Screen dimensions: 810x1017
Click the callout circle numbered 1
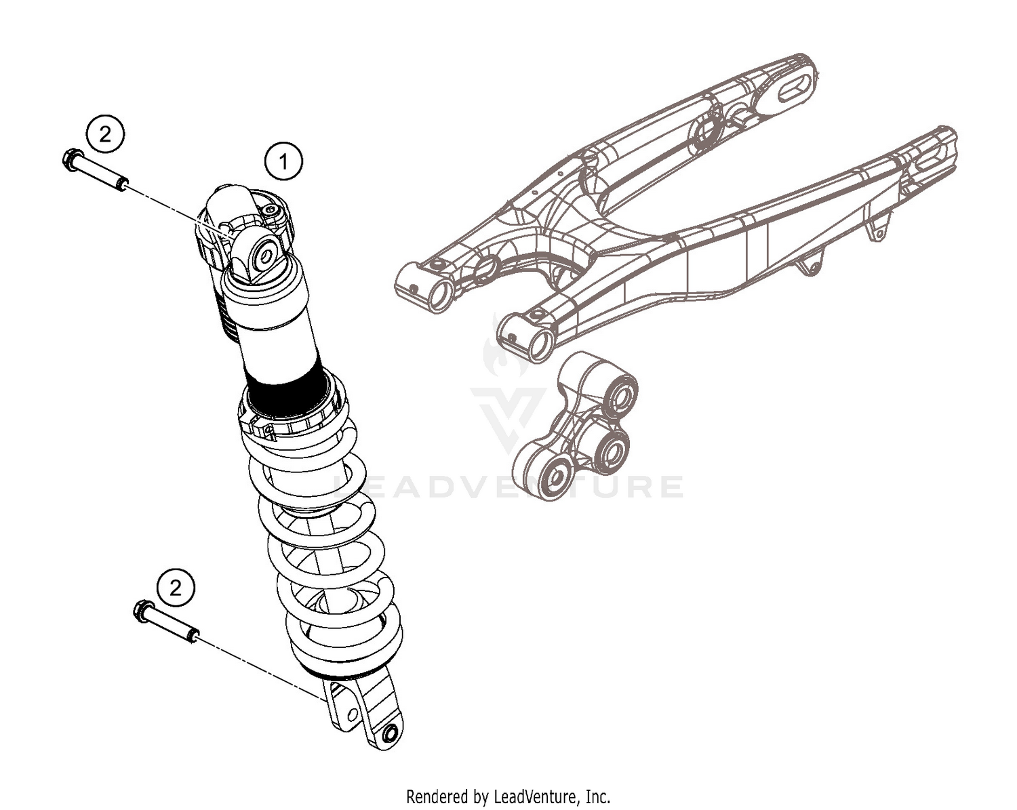coord(283,161)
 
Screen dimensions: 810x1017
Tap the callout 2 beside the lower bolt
coord(175,588)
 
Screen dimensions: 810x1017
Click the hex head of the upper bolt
coord(69,160)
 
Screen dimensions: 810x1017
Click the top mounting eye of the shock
coord(263,255)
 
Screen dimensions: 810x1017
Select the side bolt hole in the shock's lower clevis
coord(351,715)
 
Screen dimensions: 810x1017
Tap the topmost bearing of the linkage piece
coord(618,396)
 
